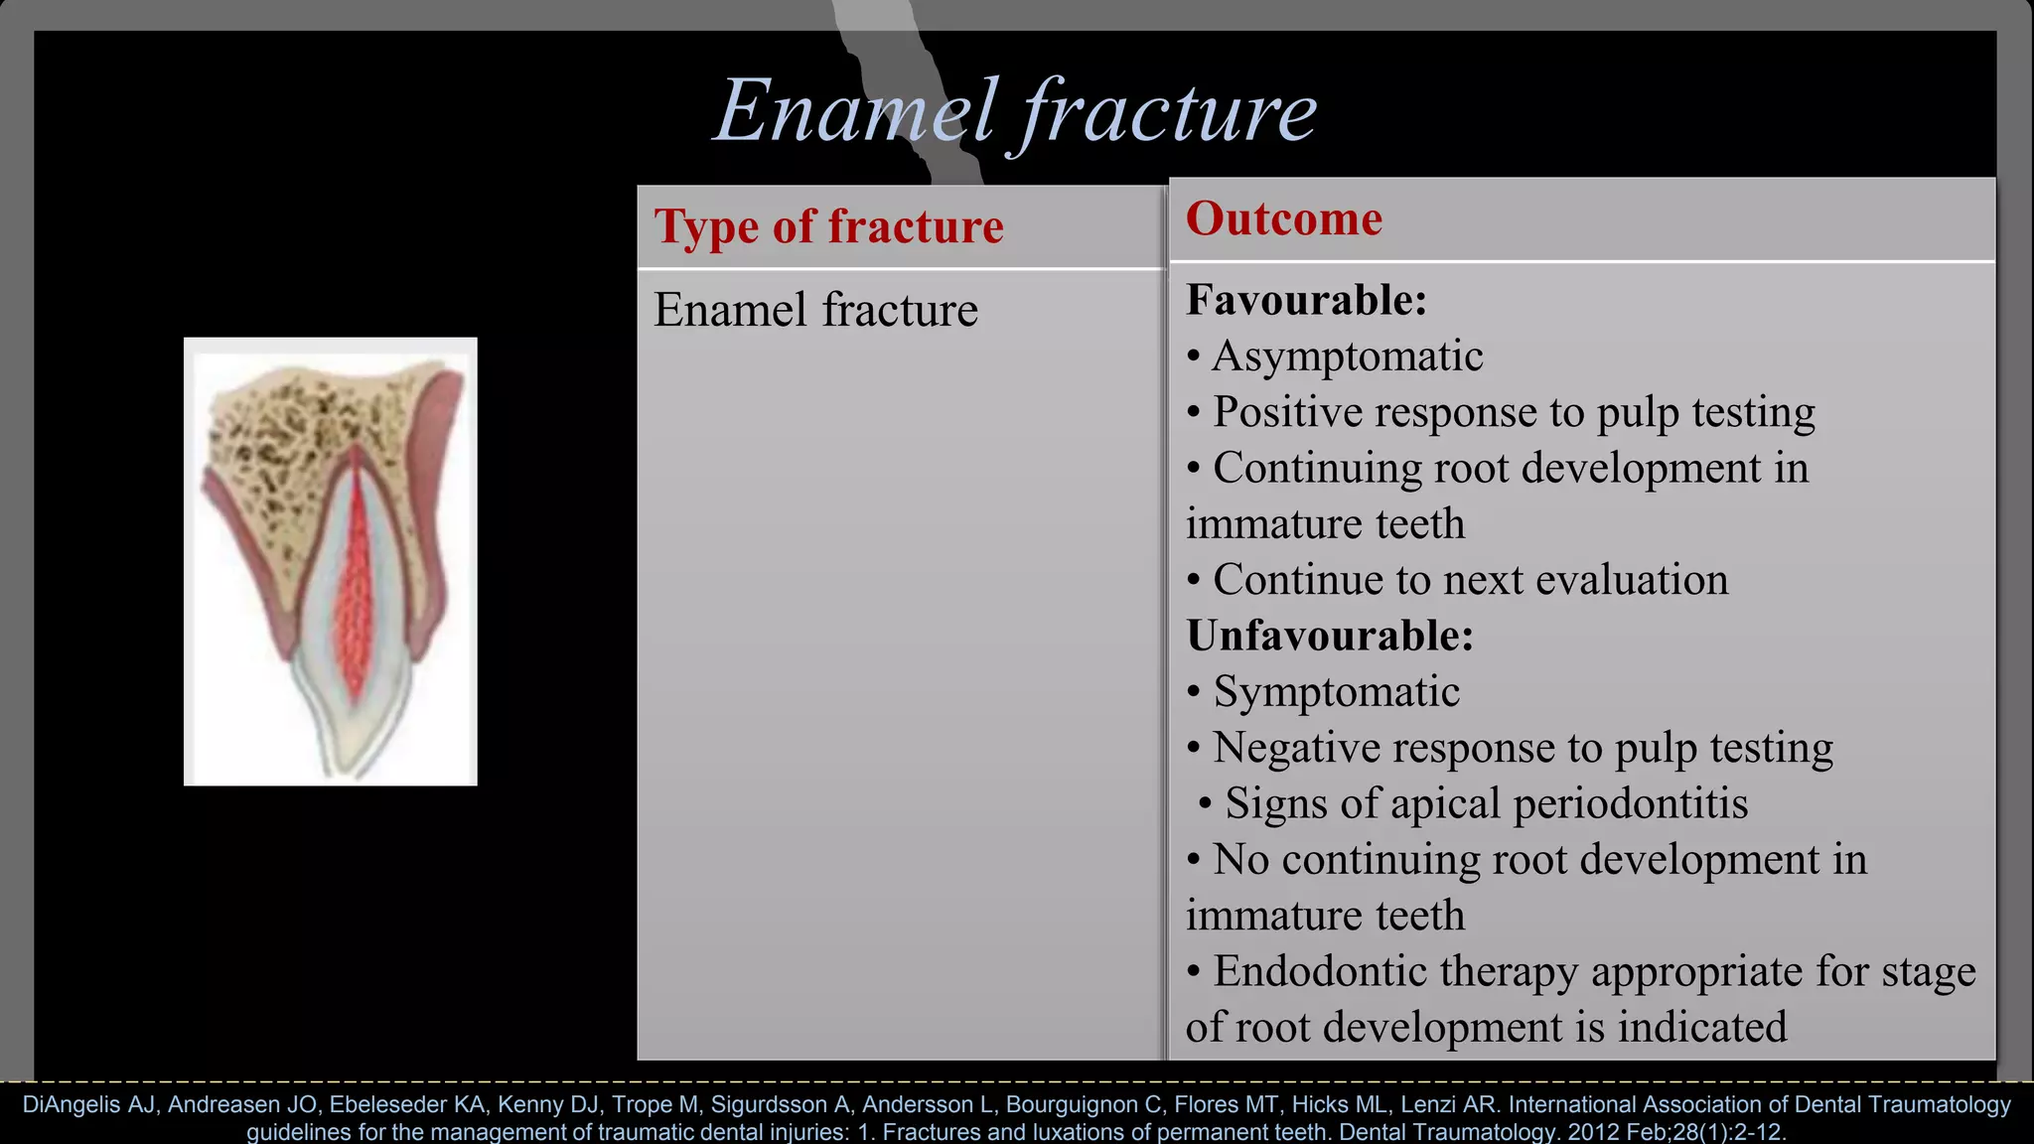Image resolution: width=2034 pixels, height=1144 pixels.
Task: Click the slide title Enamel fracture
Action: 1015,111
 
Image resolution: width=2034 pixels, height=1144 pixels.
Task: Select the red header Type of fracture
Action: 828,226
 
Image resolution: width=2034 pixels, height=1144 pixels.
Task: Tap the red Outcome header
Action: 1283,218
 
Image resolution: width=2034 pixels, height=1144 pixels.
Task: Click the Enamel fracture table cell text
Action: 815,310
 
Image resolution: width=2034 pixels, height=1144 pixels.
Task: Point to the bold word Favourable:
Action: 1306,300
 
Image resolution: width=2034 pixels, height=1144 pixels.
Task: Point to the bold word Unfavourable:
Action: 1330,636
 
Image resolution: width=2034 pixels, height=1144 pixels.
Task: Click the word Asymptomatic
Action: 1348,357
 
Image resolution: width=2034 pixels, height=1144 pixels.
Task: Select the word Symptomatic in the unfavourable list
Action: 1336,692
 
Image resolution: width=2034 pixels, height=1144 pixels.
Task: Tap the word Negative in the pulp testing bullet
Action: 1284,748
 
